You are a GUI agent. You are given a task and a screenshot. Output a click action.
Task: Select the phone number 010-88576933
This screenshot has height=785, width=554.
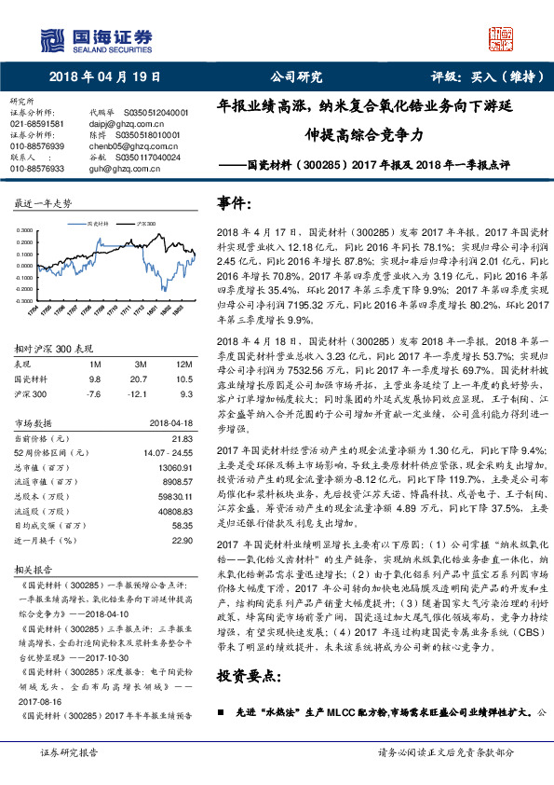coord(36,169)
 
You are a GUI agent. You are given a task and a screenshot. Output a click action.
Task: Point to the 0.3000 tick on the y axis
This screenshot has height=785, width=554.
coord(29,229)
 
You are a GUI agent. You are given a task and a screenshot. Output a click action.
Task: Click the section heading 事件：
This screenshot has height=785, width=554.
coord(234,203)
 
